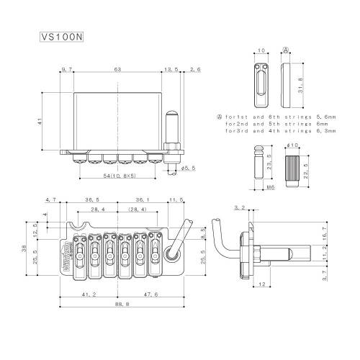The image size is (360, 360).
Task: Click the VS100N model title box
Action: (62, 37)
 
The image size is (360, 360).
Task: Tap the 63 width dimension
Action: (117, 70)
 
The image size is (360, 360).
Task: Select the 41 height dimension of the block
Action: (40, 121)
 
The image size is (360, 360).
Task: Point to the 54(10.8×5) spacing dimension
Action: (120, 176)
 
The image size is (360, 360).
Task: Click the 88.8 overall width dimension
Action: (122, 304)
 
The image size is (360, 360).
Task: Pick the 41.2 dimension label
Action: (89, 294)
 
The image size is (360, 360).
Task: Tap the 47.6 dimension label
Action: (150, 294)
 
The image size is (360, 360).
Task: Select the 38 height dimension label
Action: (24, 248)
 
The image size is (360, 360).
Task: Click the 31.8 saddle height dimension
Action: (300, 86)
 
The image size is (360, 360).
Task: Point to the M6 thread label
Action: (271, 187)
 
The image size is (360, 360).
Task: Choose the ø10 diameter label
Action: (292, 145)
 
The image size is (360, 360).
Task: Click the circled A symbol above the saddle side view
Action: (286, 50)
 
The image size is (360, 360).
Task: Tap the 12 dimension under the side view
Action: (262, 284)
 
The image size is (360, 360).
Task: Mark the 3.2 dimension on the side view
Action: (239, 208)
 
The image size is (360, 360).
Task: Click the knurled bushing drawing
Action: (292, 171)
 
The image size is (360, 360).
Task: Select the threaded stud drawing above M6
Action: (259, 162)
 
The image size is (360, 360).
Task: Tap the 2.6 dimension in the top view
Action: (195, 70)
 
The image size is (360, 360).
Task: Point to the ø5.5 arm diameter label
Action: (188, 168)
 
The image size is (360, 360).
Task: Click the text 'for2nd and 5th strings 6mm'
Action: (276, 124)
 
